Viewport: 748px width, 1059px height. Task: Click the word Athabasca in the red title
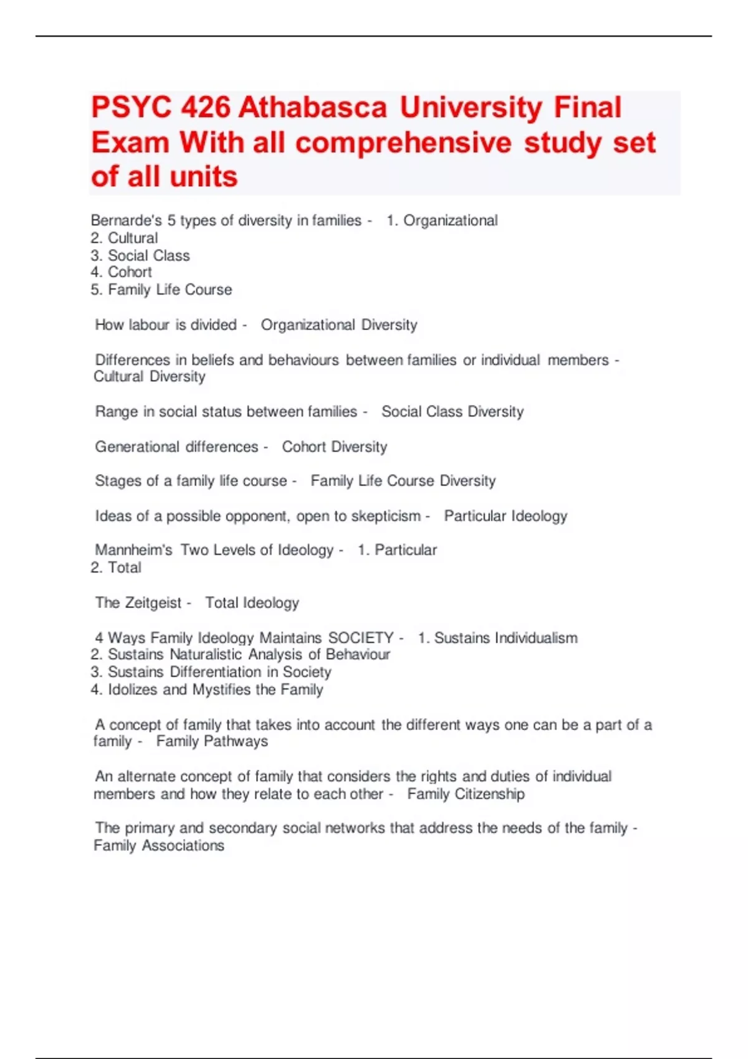[313, 108]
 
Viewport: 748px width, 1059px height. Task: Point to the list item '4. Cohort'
[122, 272]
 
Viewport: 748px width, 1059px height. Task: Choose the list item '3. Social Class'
[140, 255]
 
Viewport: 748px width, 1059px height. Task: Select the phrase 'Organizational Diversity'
[338, 325]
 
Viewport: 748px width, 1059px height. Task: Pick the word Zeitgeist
[153, 603]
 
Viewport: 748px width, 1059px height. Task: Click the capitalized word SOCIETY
[361, 638]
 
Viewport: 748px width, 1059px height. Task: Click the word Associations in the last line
[183, 846]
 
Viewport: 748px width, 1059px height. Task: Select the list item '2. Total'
[117, 567]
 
